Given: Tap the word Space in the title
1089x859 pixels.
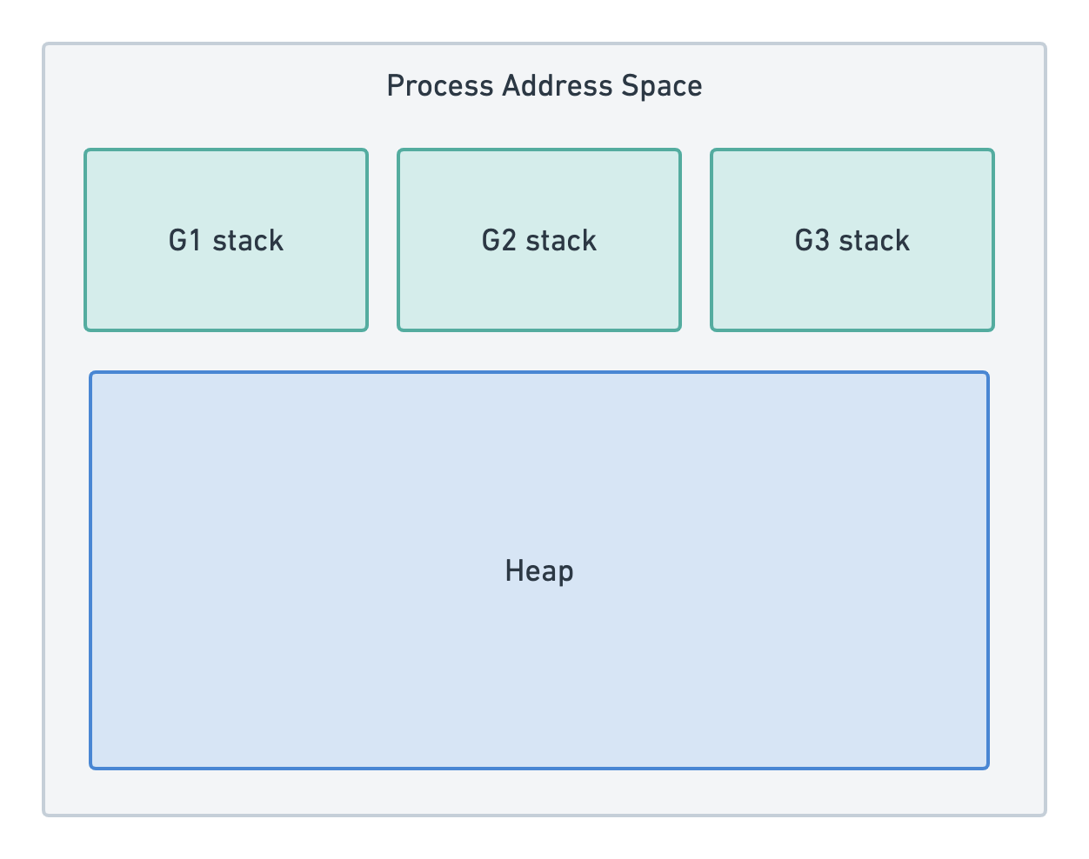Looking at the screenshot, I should click(x=661, y=86).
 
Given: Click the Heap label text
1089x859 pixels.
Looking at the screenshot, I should click(x=539, y=571).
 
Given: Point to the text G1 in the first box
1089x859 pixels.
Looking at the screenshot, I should click(x=185, y=241).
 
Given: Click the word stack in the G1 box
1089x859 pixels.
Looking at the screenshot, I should click(x=248, y=241).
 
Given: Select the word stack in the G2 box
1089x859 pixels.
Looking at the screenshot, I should click(x=561, y=241).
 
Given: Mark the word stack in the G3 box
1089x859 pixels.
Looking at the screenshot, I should click(x=874, y=241).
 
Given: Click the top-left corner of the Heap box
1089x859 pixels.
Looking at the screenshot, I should click(x=91, y=374).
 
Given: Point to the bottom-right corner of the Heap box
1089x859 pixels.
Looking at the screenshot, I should click(x=987, y=768).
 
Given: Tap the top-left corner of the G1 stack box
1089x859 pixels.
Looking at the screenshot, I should click(x=86, y=151).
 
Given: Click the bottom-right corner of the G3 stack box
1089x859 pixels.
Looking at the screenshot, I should click(x=992, y=329).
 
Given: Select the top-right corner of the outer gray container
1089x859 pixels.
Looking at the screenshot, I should click(x=1045, y=44).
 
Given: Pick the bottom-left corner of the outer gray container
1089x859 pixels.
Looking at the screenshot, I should click(x=44, y=814).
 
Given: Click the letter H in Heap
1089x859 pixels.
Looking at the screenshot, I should click(x=513, y=571).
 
